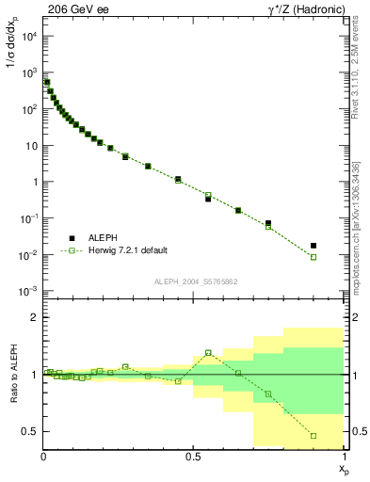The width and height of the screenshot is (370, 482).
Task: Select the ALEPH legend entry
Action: coord(104,239)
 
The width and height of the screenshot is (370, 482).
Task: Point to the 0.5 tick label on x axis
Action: coord(193,457)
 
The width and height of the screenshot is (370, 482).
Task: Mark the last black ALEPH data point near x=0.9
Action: coord(314,245)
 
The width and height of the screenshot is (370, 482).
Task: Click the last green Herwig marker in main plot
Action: coord(314,257)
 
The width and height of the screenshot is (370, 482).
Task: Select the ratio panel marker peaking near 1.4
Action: coord(208,353)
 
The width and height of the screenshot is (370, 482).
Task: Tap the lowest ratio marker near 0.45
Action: coord(314,436)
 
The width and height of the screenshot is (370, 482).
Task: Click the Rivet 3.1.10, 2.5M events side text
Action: coord(362,75)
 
